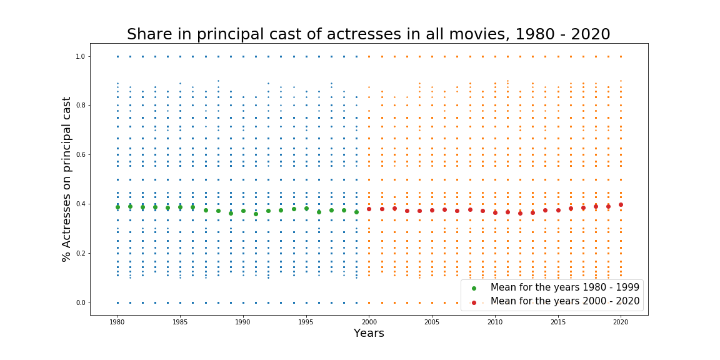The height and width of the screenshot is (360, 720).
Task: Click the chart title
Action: click(368, 34)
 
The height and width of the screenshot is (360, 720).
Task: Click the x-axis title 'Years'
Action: click(369, 333)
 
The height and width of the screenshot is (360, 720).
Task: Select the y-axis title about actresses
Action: click(67, 179)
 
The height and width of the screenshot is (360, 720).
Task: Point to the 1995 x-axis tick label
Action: click(306, 322)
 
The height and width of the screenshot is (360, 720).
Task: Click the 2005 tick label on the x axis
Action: click(432, 322)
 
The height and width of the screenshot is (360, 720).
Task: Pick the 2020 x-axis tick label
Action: click(621, 322)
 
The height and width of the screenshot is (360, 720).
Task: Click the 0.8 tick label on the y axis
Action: click(79, 106)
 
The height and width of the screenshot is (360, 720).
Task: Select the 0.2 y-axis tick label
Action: click(79, 253)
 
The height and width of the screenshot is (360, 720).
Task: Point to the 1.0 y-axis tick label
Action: click(79, 56)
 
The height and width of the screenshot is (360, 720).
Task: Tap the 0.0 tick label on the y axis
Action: click(79, 302)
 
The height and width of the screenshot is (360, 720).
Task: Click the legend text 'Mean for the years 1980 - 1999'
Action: click(564, 287)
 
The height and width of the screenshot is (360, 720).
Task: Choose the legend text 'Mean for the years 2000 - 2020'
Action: click(564, 301)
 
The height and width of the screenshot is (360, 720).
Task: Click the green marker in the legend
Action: click(474, 288)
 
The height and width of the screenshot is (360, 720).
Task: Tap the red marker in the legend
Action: click(474, 302)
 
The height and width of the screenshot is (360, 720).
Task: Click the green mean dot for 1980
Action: click(117, 207)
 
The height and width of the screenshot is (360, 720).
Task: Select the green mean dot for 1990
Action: click(243, 211)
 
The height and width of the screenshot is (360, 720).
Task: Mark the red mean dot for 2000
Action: click(369, 209)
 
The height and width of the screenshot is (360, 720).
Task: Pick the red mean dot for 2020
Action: click(621, 204)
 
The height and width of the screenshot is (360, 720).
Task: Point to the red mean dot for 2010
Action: click(495, 212)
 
